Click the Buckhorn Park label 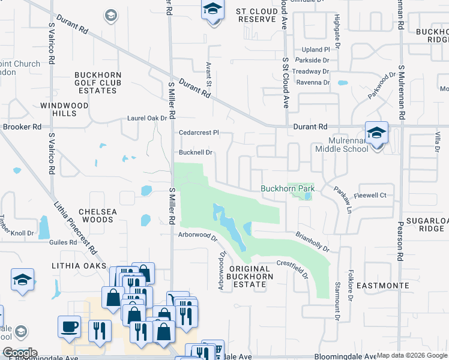coord(288,188)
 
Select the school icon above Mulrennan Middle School coord(376,133)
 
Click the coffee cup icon coord(69,327)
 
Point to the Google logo coord(19,353)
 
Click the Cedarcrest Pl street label coord(199,132)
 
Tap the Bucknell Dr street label coord(196,152)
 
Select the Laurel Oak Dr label coord(146,118)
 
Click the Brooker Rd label coord(22,127)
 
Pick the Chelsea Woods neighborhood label coord(95,216)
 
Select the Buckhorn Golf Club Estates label coord(97,83)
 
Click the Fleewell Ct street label coord(370,195)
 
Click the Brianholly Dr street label coord(313,242)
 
